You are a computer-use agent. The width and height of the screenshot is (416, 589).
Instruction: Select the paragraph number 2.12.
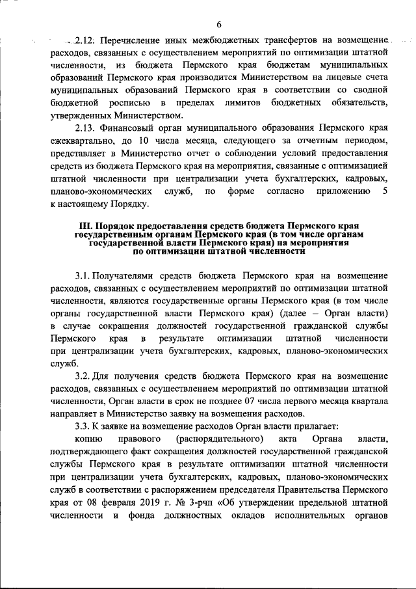tap(85, 40)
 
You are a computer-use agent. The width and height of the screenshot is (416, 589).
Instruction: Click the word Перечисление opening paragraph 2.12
tap(132, 40)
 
